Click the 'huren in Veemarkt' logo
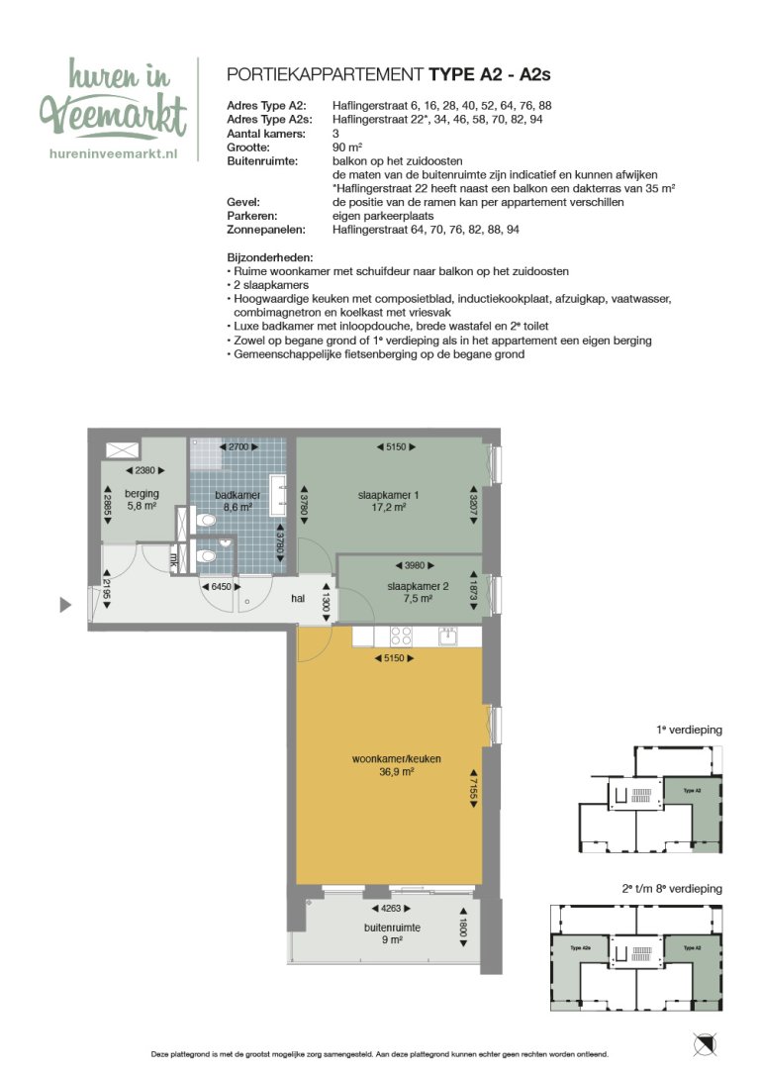pos(112,100)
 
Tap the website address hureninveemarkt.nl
pos(112,153)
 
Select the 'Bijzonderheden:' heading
pos(269,255)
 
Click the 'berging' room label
pos(142,493)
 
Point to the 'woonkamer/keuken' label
pos(396,759)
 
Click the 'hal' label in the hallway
pos(297,598)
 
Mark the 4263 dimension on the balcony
pos(392,908)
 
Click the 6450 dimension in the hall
pos(222,586)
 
